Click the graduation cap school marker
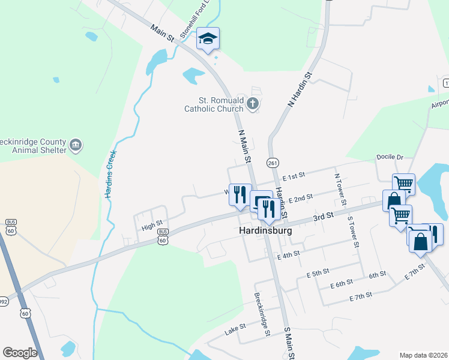(208, 39)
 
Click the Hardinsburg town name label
(265, 230)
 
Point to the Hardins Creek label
(110, 175)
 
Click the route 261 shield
(273, 163)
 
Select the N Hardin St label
(301, 89)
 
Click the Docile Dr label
(389, 157)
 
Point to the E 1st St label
(294, 175)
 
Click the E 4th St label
(288, 256)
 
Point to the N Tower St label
(339, 189)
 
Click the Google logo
(20, 353)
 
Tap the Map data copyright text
(424, 355)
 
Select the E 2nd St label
(301, 199)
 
